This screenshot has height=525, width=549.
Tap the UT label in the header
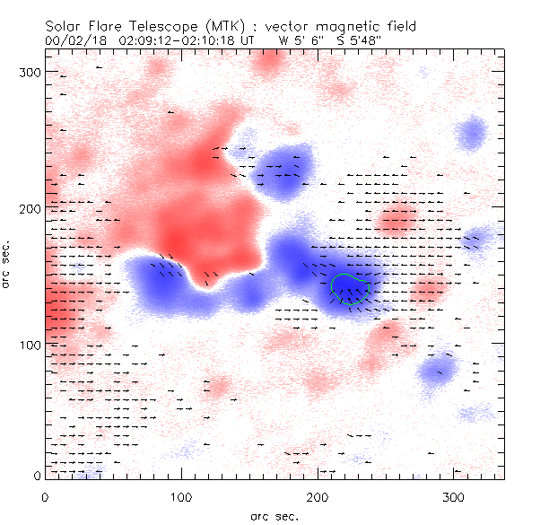pos(248,40)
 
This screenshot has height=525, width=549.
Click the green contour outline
pos(333,287)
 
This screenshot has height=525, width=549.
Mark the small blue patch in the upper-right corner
pos(470,136)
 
